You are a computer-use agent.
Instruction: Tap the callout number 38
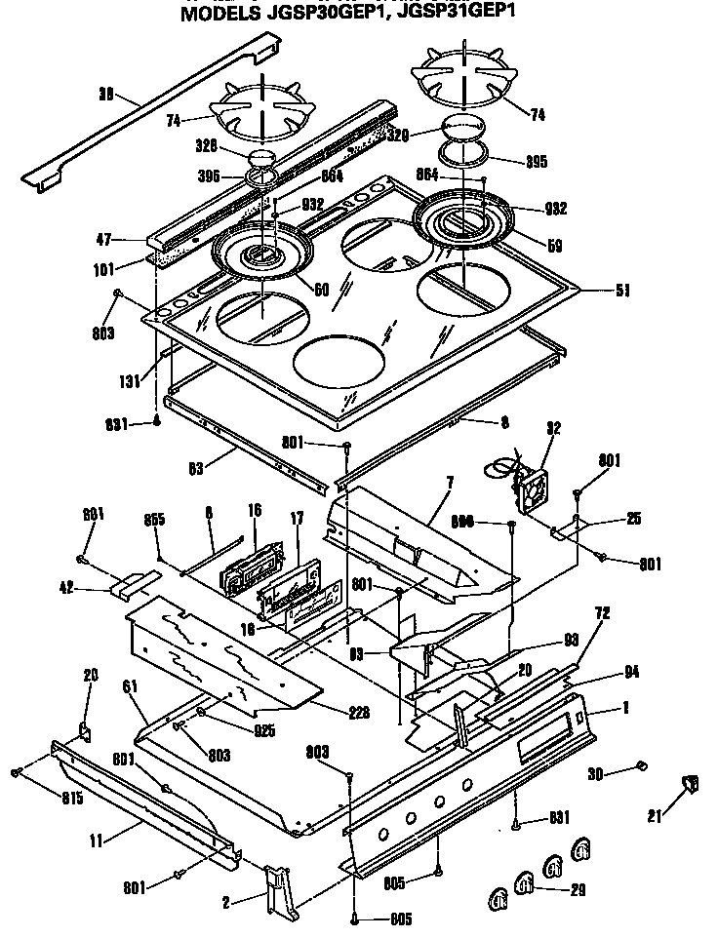point(107,95)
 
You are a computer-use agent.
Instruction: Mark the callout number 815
point(44,798)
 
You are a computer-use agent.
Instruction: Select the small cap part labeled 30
point(641,766)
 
